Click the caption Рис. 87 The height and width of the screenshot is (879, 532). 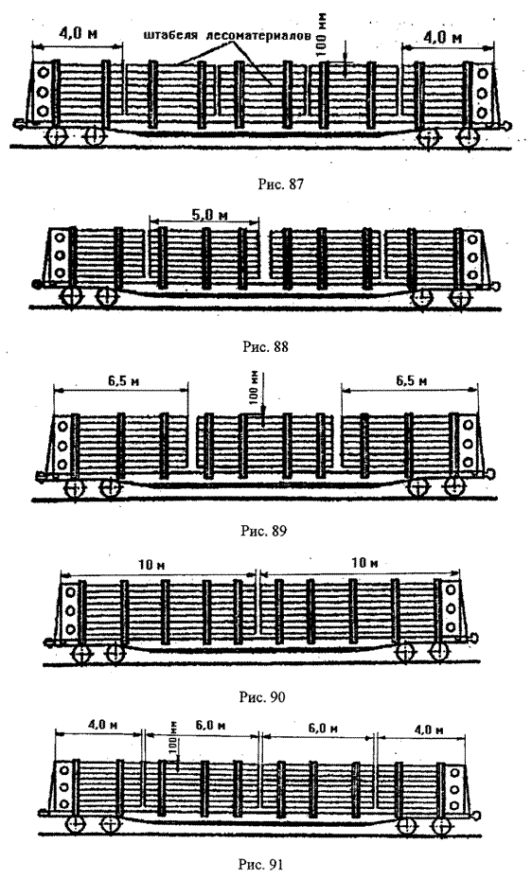click(280, 184)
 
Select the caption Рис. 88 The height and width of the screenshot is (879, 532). click(265, 346)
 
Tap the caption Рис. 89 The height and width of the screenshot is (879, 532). click(263, 530)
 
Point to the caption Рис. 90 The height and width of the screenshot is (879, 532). click(262, 696)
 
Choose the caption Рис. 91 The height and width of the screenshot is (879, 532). click(262, 864)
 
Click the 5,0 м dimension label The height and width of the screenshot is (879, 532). click(205, 215)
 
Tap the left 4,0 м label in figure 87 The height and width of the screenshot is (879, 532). click(78, 33)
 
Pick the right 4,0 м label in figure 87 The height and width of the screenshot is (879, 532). click(443, 38)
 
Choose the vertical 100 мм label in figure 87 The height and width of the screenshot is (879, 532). click(321, 34)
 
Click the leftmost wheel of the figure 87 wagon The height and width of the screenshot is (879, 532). click(57, 135)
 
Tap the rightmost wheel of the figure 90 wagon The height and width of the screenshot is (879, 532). click(439, 651)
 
